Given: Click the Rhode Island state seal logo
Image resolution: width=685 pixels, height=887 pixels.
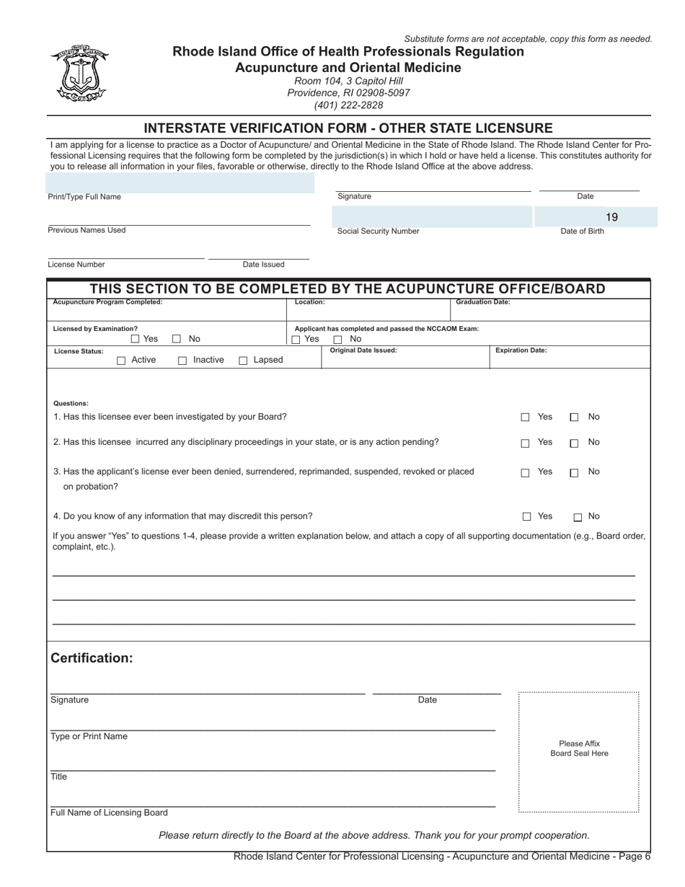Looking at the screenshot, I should point(79,74).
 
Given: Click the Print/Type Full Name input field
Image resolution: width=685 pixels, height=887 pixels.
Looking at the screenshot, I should point(180,182).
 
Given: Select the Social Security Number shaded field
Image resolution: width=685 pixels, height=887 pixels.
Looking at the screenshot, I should point(432,216).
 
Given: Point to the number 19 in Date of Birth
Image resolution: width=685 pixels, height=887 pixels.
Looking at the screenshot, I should point(611,217).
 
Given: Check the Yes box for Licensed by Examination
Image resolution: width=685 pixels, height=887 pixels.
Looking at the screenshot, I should point(135,339).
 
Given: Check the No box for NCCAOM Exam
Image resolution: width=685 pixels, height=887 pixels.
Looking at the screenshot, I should point(337,340).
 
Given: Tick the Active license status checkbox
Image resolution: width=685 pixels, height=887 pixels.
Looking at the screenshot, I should point(121,361).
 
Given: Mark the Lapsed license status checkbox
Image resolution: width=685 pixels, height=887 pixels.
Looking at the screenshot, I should point(244,361).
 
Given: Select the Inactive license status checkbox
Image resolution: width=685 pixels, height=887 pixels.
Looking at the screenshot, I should point(182,361).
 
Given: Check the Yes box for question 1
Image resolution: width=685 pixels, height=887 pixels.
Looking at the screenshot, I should point(526,418).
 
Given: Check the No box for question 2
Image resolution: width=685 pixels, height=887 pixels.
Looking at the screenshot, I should point(574,444).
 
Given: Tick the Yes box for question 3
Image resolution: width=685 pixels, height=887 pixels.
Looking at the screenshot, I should point(526,473).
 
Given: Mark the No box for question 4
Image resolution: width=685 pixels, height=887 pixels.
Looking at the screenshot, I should point(578,517).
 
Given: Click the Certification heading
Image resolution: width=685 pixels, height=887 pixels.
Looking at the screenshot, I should point(92,658).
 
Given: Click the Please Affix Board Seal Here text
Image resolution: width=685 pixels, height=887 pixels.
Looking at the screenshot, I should point(579,749).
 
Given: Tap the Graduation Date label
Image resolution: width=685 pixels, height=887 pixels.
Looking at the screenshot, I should point(483,302).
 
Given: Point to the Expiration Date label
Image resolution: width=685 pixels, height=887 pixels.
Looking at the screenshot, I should point(521,350).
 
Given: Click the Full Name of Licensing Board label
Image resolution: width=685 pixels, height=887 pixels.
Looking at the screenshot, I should point(109,813).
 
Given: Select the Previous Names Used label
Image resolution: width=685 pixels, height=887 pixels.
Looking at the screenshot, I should point(87,230).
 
